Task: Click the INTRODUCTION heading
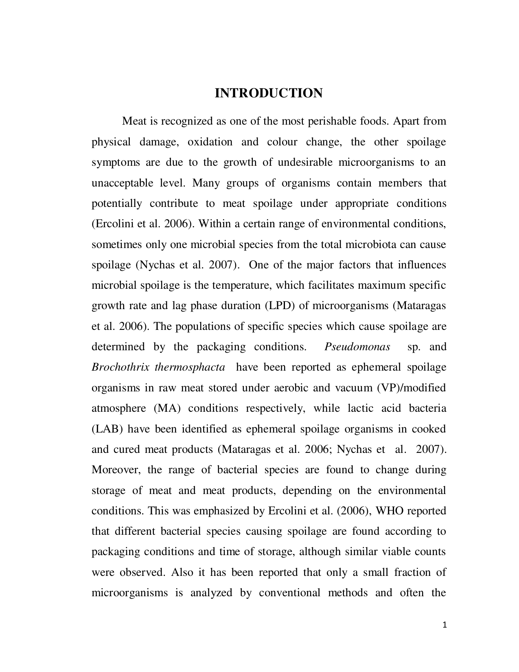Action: pos(268,93)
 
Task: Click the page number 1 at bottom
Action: pos(445,625)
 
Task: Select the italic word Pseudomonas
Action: pos(357,347)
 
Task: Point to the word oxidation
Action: pos(210,142)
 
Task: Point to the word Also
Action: pos(182,572)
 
